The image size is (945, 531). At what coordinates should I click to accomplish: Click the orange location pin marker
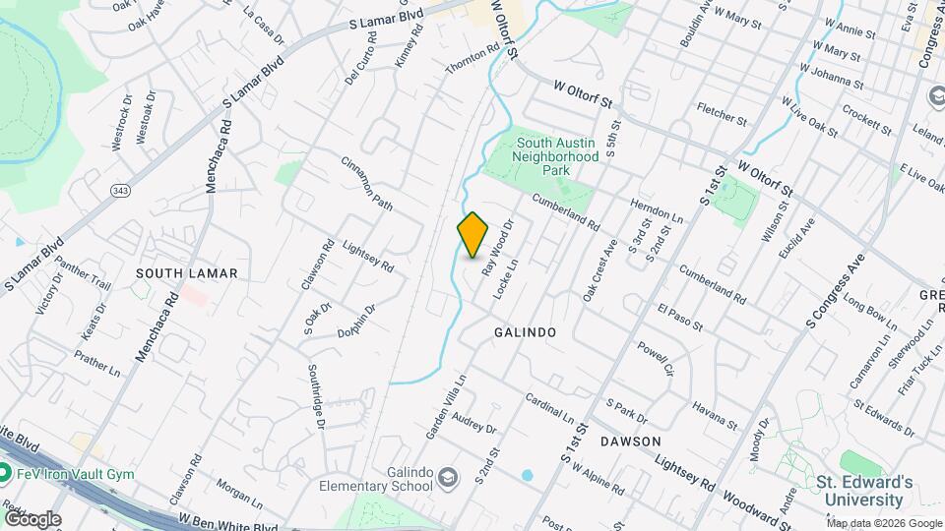473,235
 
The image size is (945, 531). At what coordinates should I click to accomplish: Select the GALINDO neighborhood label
525,333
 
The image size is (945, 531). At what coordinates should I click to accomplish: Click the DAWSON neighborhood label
630,442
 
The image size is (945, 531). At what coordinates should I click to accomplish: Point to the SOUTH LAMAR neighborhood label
187,272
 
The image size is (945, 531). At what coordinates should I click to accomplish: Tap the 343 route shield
121,190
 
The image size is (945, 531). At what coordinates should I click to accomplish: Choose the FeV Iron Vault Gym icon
5,474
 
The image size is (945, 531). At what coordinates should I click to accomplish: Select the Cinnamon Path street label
367,183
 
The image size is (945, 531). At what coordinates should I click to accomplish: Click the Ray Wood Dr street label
498,246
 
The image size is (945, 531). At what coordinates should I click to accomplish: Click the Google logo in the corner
31,518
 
